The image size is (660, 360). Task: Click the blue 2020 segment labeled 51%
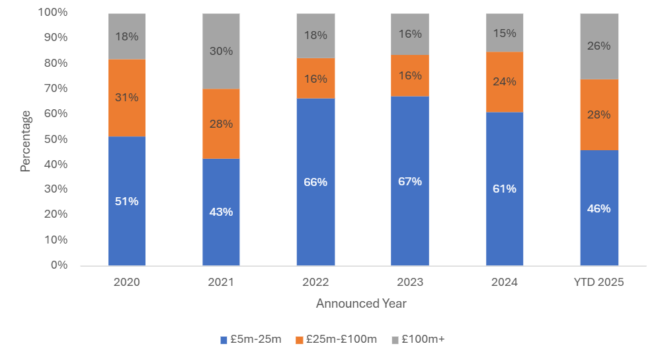(x=127, y=201)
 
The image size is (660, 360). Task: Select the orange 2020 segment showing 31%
(x=127, y=98)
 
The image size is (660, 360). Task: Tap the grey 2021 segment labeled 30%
(x=221, y=51)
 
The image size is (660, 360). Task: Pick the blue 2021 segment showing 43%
(x=221, y=212)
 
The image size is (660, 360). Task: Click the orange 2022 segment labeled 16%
(x=315, y=78)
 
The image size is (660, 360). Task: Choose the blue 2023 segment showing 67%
(x=409, y=181)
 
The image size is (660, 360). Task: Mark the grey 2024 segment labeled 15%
(x=504, y=32)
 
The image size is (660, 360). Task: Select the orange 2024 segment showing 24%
(x=504, y=82)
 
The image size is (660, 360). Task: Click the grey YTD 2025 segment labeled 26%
(x=599, y=46)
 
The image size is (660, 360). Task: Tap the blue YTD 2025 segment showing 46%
(x=599, y=208)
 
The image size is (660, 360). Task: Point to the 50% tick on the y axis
(x=55, y=139)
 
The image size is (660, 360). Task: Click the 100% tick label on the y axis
(x=53, y=13)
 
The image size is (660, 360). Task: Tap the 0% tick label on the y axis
(x=60, y=265)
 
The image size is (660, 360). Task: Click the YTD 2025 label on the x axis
(x=599, y=282)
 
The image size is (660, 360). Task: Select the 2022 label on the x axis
(x=315, y=282)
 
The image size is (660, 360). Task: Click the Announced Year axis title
(x=361, y=304)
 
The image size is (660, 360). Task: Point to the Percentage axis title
(x=25, y=141)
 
